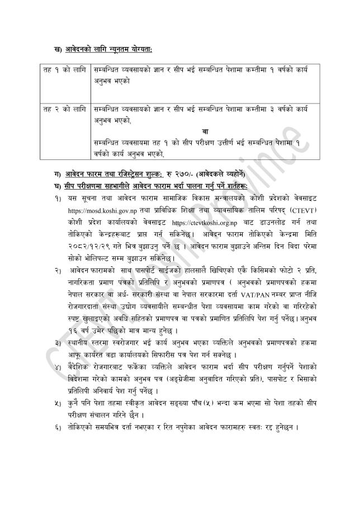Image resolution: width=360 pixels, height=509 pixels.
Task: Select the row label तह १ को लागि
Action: pos(64,72)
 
